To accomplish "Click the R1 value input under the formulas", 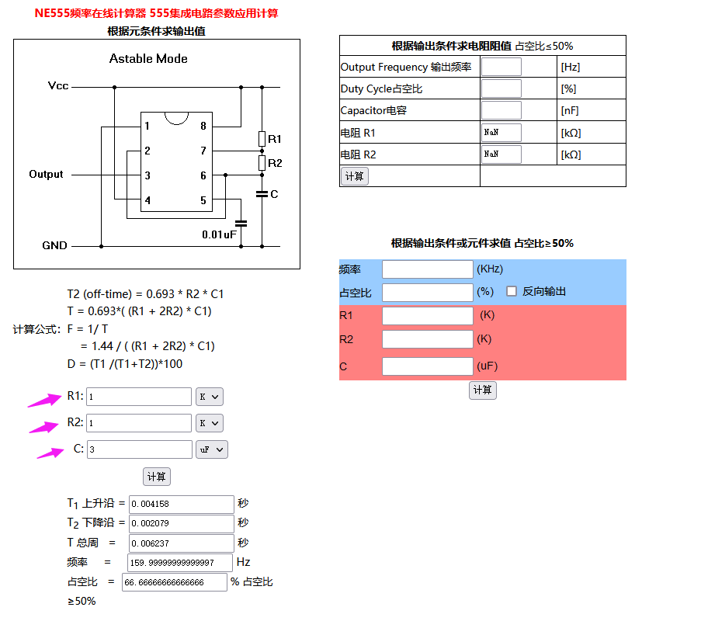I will click(x=138, y=397).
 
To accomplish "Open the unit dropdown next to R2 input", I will click(x=209, y=423).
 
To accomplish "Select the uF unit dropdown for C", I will click(x=211, y=449).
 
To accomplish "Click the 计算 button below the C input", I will click(x=156, y=477).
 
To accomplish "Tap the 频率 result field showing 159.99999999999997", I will click(x=180, y=562).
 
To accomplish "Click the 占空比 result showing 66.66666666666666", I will click(x=175, y=581).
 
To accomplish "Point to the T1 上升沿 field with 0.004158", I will click(x=181, y=504).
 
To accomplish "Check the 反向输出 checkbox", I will click(x=512, y=291).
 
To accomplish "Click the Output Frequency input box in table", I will click(x=501, y=67).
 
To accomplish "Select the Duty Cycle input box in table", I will click(x=501, y=88).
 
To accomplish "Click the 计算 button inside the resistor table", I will click(x=354, y=176).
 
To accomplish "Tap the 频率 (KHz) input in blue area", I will click(x=427, y=269).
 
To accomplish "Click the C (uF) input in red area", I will click(x=427, y=366).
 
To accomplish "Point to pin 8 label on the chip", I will click(x=203, y=126).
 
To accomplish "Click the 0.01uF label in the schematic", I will click(x=219, y=234).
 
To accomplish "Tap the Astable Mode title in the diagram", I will click(x=148, y=59).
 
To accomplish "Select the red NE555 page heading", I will click(x=156, y=13).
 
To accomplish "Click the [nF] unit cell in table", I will click(x=571, y=111).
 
